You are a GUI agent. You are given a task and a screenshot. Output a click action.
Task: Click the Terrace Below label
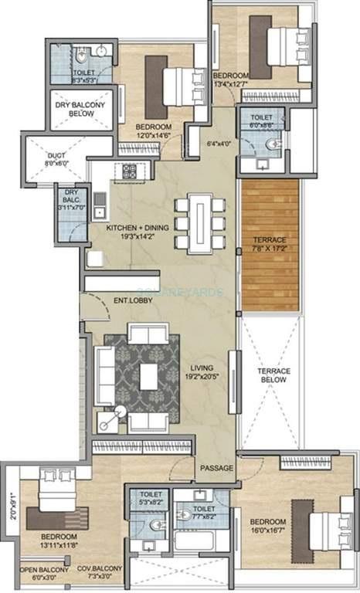tap(273, 375)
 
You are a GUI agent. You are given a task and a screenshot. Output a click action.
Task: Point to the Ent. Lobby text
tap(132, 300)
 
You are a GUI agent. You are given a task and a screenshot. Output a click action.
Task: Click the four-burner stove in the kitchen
tap(128, 171)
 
